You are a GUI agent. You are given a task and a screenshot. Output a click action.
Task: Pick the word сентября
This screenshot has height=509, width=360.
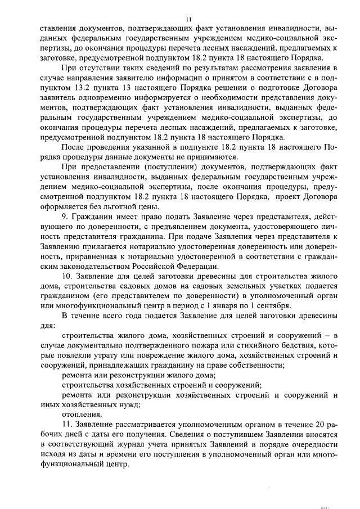point(272,305)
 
